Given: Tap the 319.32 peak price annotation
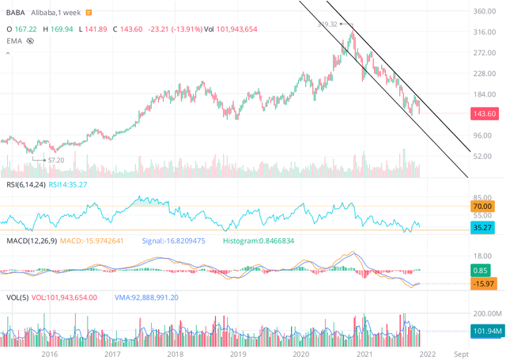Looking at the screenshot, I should (x=327, y=25).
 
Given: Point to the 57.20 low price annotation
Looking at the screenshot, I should (x=55, y=159).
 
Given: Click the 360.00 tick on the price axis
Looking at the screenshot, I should (x=483, y=12).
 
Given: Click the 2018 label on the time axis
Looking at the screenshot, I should (x=174, y=354).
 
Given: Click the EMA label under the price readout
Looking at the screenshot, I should (x=14, y=40).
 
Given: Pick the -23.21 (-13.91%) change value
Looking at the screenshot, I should (x=159, y=27).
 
